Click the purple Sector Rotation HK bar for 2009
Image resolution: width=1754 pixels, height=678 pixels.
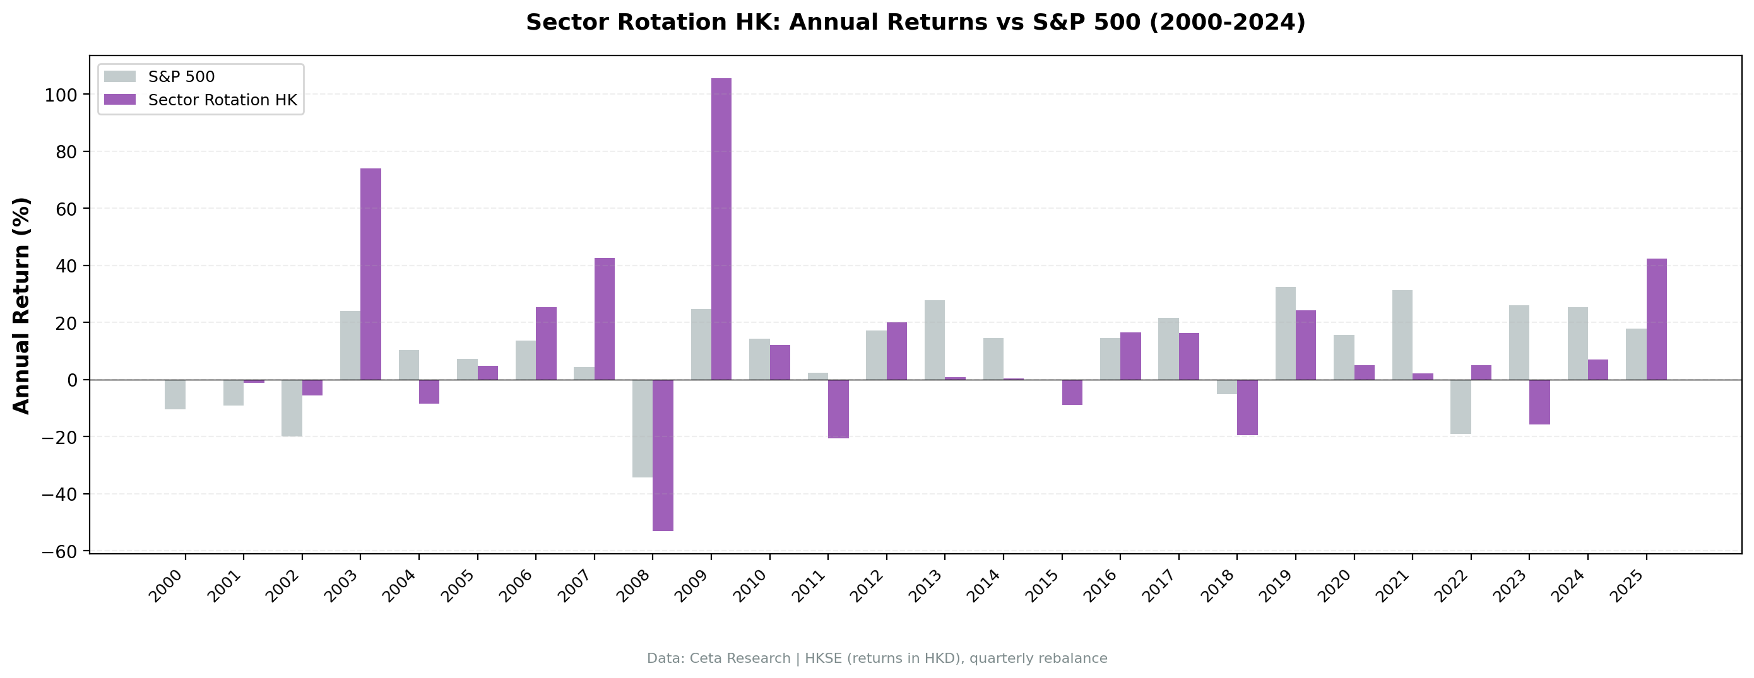click(x=721, y=229)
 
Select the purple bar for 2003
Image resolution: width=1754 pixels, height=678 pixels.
click(x=370, y=274)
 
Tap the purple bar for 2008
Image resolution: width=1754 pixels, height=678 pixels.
click(x=663, y=455)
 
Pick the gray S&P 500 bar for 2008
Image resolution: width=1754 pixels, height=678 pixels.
click(x=642, y=428)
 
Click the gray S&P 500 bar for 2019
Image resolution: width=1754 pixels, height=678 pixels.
click(x=1285, y=333)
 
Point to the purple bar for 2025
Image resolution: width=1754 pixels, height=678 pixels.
click(x=1656, y=319)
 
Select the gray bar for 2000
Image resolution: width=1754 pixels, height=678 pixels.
click(x=175, y=394)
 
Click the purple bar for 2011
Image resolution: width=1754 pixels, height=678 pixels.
click(x=838, y=409)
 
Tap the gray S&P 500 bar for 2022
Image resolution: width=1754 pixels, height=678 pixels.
click(x=1460, y=406)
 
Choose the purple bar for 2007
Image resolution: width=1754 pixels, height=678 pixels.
click(x=604, y=319)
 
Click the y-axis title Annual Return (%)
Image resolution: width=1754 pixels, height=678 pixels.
click(x=22, y=306)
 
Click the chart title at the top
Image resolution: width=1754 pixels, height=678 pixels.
click(x=915, y=23)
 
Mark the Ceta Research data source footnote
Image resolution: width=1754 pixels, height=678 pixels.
click(x=877, y=658)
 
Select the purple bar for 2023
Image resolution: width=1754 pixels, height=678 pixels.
click(x=1539, y=402)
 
